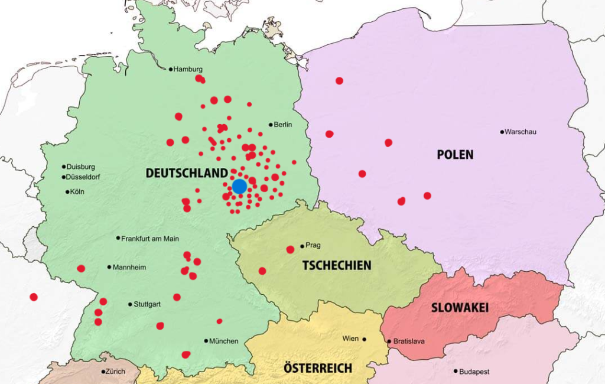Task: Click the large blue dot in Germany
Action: click(239, 187)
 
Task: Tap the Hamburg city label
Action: click(188, 69)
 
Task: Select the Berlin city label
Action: click(283, 125)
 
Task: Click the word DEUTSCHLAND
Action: click(187, 173)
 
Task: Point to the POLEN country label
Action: click(455, 155)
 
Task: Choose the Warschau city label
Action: click(521, 132)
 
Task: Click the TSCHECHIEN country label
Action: click(337, 265)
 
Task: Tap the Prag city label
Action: click(313, 246)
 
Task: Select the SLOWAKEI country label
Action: click(460, 308)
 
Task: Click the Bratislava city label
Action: click(409, 341)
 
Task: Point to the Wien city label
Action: click(350, 339)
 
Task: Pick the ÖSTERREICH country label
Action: click(317, 369)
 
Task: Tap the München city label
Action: click(224, 341)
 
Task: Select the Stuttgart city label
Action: click(147, 304)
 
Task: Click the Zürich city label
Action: click(116, 372)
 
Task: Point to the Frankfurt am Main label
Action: click(150, 239)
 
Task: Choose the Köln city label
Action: click(77, 191)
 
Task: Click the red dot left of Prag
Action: click(290, 249)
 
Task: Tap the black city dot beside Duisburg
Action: click(64, 167)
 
